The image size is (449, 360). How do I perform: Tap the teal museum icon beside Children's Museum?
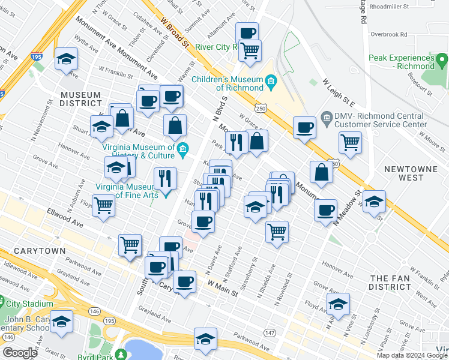pyautogui.click(x=271, y=80)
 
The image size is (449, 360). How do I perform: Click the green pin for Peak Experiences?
pyautogui.click(x=442, y=61)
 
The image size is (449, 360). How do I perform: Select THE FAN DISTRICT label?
pyautogui.click(x=390, y=283)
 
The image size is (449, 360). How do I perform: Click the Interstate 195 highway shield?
pyautogui.click(x=36, y=57)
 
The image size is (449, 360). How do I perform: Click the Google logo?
pyautogui.click(x=20, y=353)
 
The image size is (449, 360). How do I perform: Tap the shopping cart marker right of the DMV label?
pyautogui.click(x=350, y=143)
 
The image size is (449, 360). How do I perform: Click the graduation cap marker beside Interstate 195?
pyautogui.click(x=66, y=60)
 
